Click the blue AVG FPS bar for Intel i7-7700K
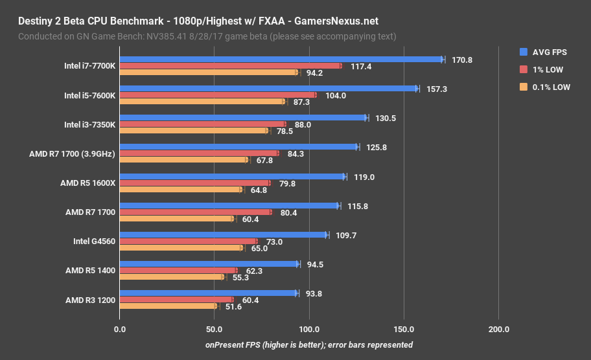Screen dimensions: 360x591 tap(281, 60)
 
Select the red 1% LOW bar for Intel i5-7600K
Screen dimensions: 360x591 tap(218, 95)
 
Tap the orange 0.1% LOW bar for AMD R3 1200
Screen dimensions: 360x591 tap(168, 306)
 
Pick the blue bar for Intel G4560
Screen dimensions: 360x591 tap(224, 235)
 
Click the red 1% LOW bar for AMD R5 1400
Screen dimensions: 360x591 tap(178, 271)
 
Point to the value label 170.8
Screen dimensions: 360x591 tap(462, 60)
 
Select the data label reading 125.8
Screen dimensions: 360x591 tap(377, 147)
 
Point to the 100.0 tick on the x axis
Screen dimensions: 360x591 tap(309, 330)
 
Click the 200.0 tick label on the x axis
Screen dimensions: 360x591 tap(498, 330)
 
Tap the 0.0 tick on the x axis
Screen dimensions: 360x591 tap(119, 330)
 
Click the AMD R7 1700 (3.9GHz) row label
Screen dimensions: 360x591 tap(72, 154)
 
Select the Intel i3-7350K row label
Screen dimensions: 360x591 tap(89, 124)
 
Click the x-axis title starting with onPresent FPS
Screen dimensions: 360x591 tap(309, 345)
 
